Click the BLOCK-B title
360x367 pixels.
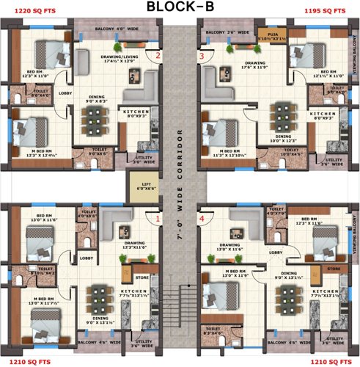[x=180, y=8]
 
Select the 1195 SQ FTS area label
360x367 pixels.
[x=326, y=12]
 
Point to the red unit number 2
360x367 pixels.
[x=156, y=56]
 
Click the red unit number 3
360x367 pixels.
[x=202, y=56]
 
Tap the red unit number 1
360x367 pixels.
[x=156, y=218]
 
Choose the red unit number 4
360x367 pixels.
[x=202, y=218]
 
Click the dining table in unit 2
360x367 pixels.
[x=95, y=118]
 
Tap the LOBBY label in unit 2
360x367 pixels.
[x=65, y=93]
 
